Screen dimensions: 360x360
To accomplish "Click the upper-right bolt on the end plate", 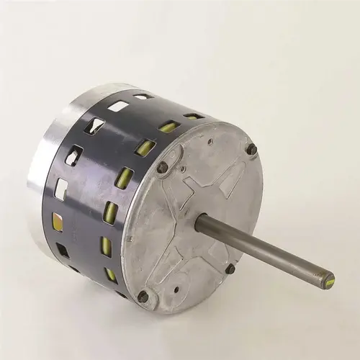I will [x=251, y=149].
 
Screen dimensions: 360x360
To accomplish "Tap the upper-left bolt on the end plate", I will [x=163, y=167].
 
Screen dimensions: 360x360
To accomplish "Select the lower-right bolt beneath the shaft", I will [x=230, y=269].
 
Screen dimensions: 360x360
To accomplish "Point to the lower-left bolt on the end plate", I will [x=143, y=296].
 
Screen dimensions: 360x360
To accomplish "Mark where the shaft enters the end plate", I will [x=204, y=221].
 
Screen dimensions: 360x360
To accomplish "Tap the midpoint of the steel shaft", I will [x=266, y=250].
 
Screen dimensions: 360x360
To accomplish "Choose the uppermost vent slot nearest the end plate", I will [x=194, y=116].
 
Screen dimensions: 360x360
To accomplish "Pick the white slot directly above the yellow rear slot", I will [x=61, y=189].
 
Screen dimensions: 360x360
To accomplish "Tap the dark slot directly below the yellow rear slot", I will [x=63, y=250].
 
